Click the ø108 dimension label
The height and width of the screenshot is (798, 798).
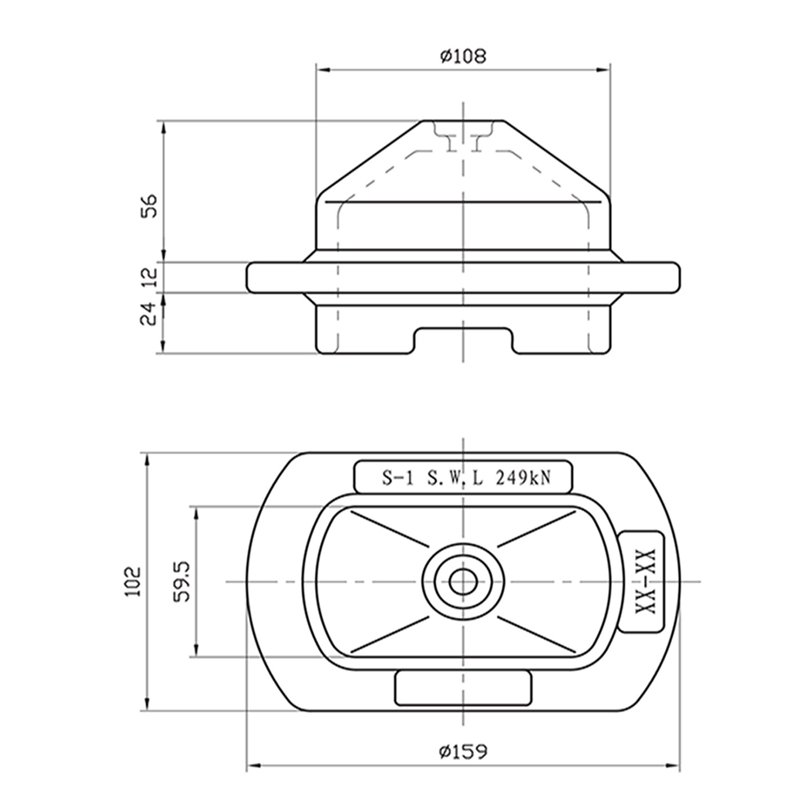pyautogui.click(x=462, y=56)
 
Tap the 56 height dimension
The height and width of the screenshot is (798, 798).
pyautogui.click(x=150, y=207)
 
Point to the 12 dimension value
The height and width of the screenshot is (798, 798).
pyautogui.click(x=150, y=277)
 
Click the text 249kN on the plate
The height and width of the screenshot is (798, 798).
pyautogui.click(x=522, y=478)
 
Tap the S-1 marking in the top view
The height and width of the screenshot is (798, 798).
pyautogui.click(x=398, y=478)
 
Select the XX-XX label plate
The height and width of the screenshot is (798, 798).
pyautogui.click(x=642, y=582)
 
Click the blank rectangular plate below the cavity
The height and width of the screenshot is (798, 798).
pyautogui.click(x=463, y=688)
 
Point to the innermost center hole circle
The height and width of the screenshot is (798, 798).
pyautogui.click(x=463, y=581)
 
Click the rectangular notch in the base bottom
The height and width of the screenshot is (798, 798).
pyautogui.click(x=463, y=341)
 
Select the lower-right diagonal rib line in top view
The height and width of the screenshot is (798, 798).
pyautogui.click(x=537, y=635)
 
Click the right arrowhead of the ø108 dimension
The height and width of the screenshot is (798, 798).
pyautogui.click(x=605, y=70)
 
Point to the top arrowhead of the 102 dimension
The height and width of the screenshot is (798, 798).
pyautogui.click(x=148, y=458)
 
